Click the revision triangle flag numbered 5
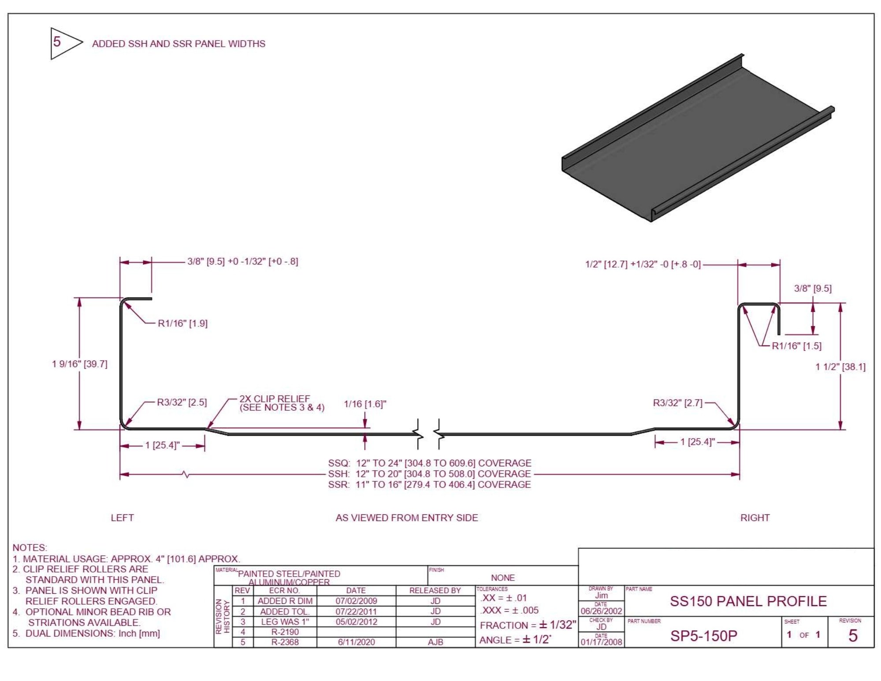click(x=62, y=43)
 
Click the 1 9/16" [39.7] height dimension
click(x=79, y=364)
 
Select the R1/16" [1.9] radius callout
click(x=182, y=324)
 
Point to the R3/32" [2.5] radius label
click(x=182, y=402)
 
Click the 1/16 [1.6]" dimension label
click(x=364, y=404)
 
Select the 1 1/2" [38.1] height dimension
click(x=840, y=367)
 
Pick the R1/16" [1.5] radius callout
click(x=796, y=346)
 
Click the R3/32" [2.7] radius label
click(x=677, y=403)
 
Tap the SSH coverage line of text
click(x=429, y=474)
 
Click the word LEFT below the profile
click(x=122, y=518)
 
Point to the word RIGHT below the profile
click(x=755, y=518)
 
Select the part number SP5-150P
click(x=703, y=636)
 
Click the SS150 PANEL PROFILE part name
click(x=748, y=601)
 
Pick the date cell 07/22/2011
click(x=356, y=611)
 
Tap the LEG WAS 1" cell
click(x=285, y=622)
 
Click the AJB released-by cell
click(x=435, y=642)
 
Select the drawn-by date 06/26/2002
click(x=601, y=611)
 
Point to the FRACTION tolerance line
click(x=528, y=625)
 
